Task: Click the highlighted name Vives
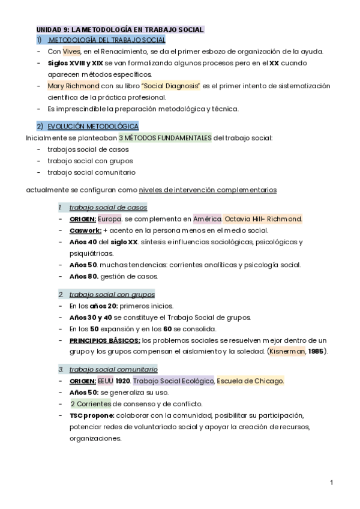[x=71, y=52]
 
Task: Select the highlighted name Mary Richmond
[x=73, y=86]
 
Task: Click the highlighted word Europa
[x=110, y=218]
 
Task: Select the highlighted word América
[x=207, y=218]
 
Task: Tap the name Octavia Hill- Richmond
[x=263, y=218]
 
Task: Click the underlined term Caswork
[x=85, y=230]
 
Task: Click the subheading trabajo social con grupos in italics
[x=112, y=294]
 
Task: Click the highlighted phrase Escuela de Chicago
[x=250, y=381]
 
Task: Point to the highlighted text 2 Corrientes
[x=91, y=403]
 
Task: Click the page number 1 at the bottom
[x=331, y=482]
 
